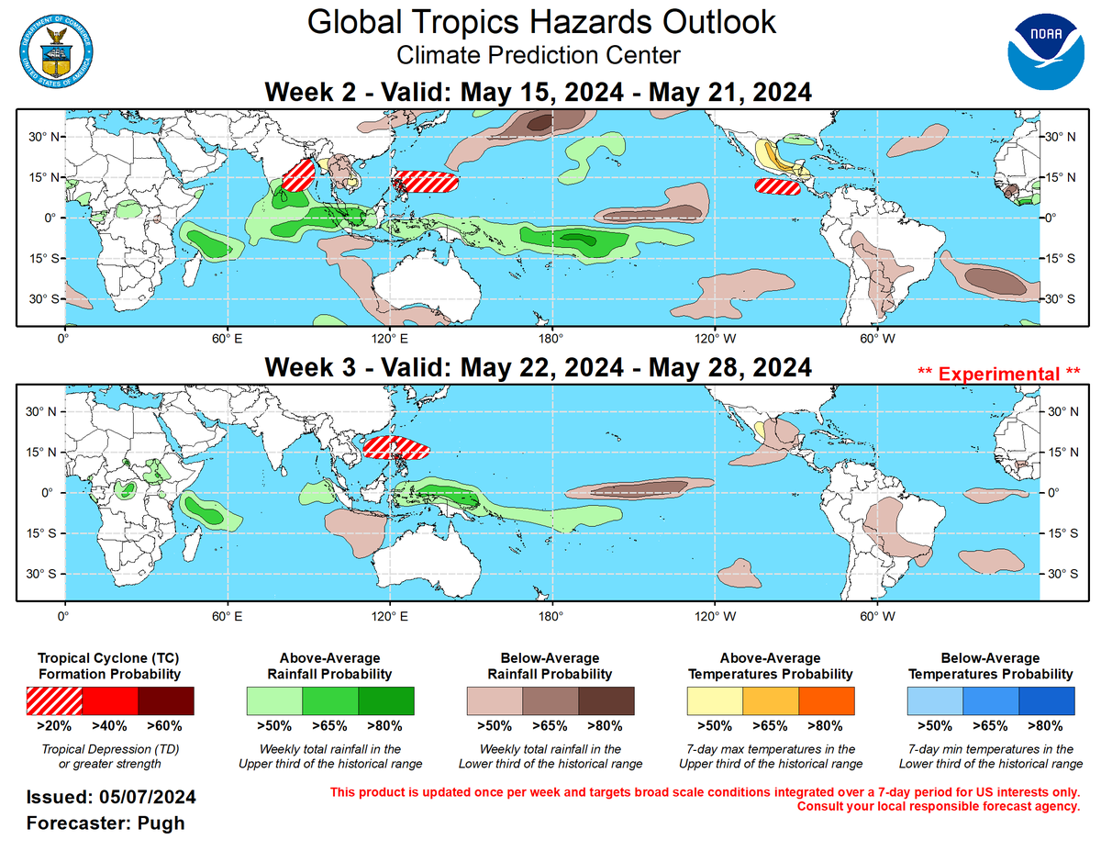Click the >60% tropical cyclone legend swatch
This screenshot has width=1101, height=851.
click(166, 700)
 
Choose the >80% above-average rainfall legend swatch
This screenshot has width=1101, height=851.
click(386, 700)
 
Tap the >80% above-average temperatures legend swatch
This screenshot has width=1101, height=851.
click(826, 700)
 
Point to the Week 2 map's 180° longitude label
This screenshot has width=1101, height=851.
click(550, 337)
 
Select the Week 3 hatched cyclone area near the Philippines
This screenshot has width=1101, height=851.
click(396, 447)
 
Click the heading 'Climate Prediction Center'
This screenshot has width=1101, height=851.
click(539, 55)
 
